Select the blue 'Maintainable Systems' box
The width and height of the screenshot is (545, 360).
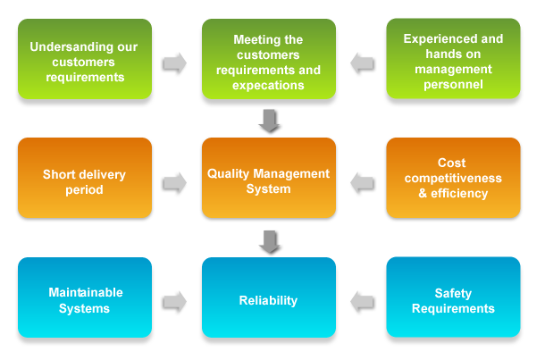(x=85, y=300)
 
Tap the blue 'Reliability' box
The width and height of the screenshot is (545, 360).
(x=268, y=300)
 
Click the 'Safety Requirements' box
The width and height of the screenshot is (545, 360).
(x=453, y=300)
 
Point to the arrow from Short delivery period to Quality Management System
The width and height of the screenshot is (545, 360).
(x=174, y=182)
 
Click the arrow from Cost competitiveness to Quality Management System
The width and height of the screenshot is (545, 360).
(x=362, y=182)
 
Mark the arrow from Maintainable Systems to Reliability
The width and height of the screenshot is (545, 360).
(x=174, y=302)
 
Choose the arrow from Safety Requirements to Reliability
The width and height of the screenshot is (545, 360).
(x=362, y=302)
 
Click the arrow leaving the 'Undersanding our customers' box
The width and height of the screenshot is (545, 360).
(x=174, y=63)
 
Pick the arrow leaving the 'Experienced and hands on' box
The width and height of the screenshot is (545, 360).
(x=362, y=63)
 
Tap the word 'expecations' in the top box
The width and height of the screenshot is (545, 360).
(x=268, y=86)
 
